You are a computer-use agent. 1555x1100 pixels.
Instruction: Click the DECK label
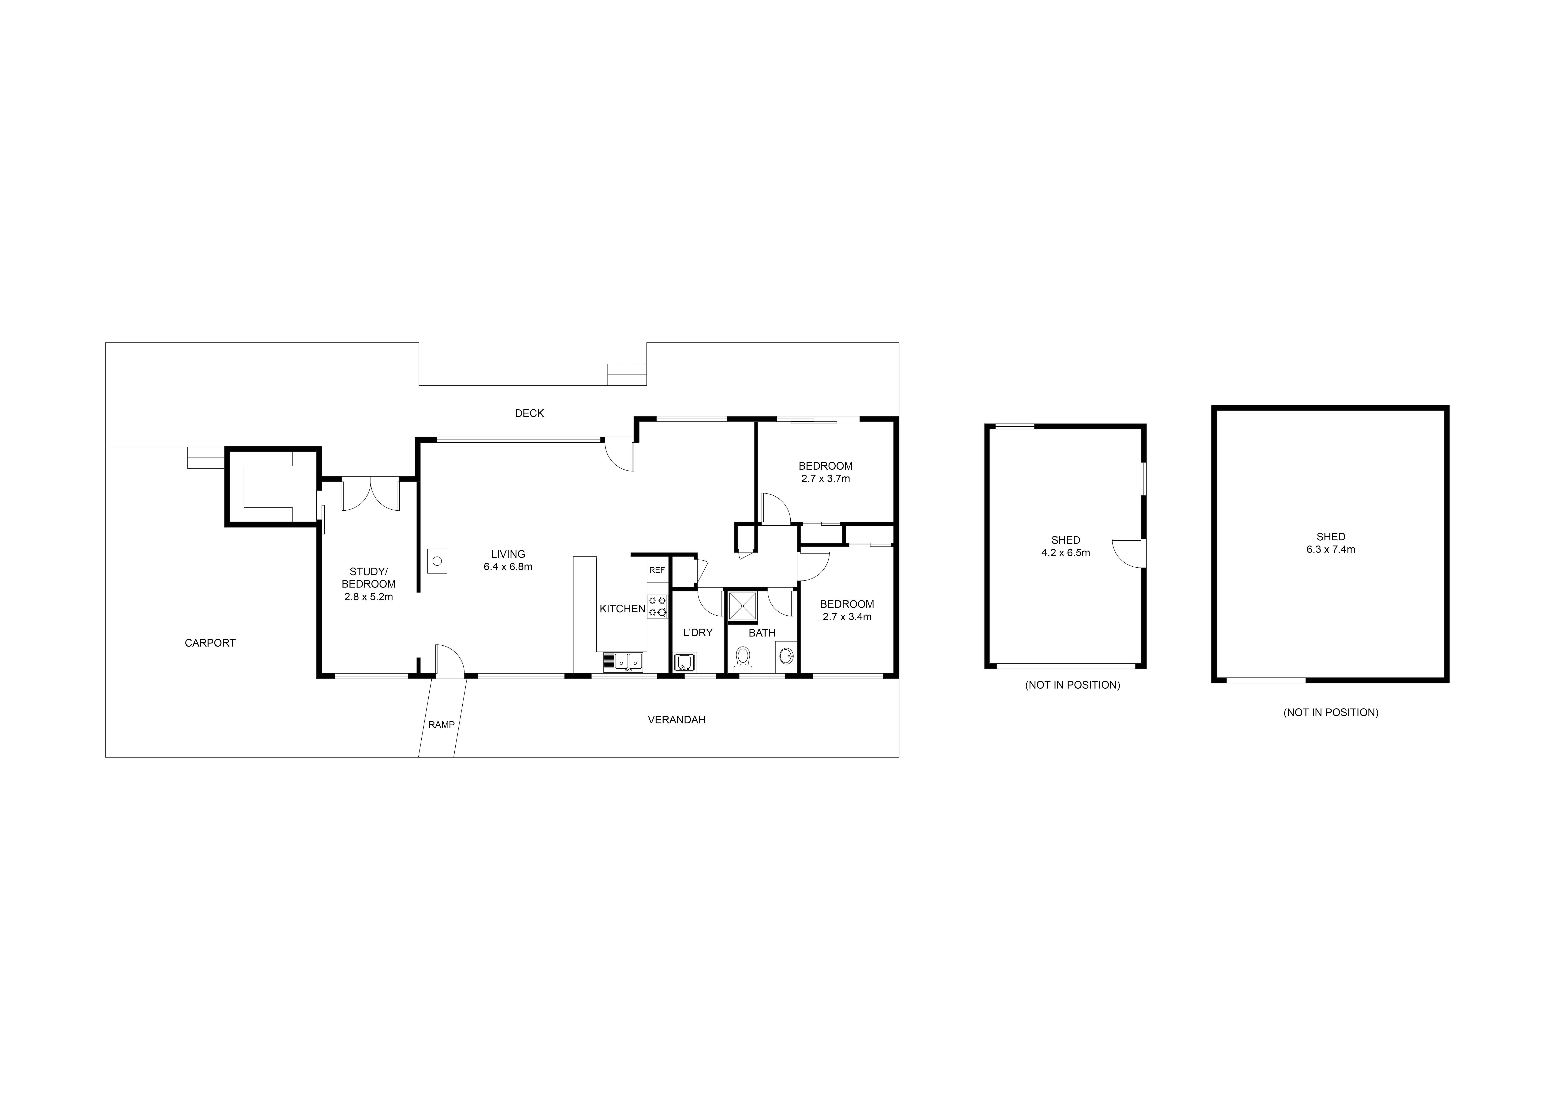click(529, 413)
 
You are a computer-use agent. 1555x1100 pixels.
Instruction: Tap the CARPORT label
click(210, 643)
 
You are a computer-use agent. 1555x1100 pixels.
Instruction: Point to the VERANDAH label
click(677, 720)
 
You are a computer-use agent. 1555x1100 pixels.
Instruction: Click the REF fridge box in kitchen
click(657, 570)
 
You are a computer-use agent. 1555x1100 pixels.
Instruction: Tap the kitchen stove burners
click(657, 606)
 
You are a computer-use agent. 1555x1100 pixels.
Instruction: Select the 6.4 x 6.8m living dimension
click(508, 567)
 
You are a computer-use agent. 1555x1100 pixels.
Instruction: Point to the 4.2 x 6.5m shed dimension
click(1065, 553)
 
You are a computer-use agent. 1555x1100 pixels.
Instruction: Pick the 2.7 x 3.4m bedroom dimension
click(847, 617)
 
